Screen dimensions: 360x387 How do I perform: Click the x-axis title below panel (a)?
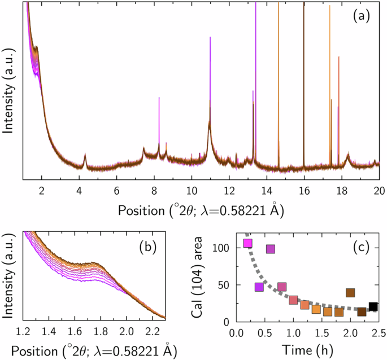pos(201,210)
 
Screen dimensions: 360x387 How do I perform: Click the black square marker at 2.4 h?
pos(373,307)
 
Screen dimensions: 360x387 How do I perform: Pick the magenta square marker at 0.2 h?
pos(247,243)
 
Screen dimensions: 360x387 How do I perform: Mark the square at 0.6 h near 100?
pos(271,249)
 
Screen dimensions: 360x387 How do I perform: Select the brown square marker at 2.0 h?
pos(350,292)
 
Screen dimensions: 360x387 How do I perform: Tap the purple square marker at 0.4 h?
pos(259,287)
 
